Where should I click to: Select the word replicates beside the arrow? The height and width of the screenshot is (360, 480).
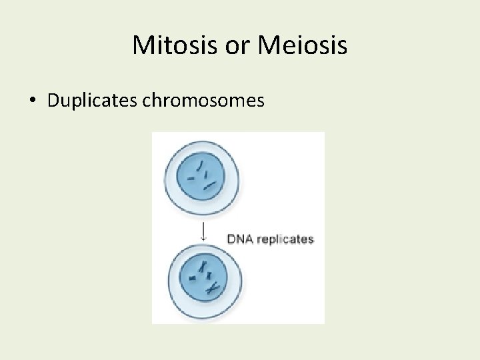pos(285,239)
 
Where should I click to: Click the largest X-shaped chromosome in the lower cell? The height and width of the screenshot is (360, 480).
pos(213,288)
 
